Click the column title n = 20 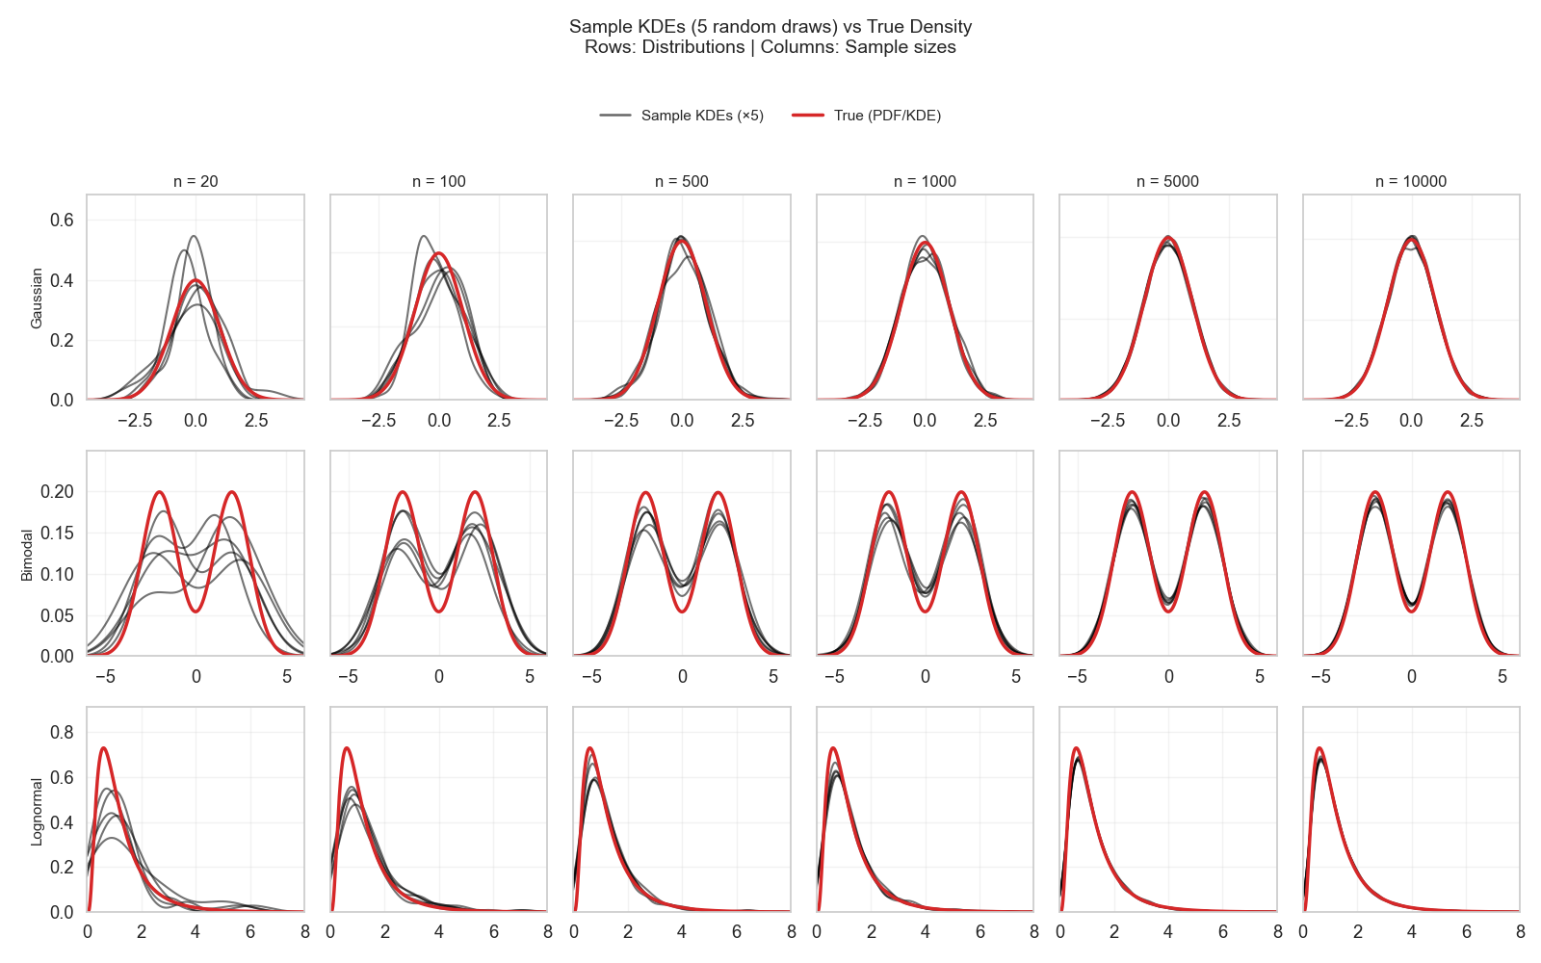tap(196, 181)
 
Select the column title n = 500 tap(681, 181)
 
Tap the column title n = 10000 tap(1411, 181)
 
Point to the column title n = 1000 tap(925, 181)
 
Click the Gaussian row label tap(37, 298)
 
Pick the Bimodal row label tap(27, 555)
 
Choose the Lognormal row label tap(37, 812)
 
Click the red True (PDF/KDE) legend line tap(808, 116)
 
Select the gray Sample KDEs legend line tap(615, 116)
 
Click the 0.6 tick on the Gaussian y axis tap(62, 221)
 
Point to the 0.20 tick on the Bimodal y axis tap(57, 492)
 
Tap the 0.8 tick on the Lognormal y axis tap(62, 732)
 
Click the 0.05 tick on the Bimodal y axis tap(57, 615)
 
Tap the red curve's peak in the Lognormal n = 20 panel tap(103, 748)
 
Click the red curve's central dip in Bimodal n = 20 tap(196, 611)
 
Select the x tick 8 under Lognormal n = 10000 tap(1520, 932)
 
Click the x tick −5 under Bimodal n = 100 tap(348, 677)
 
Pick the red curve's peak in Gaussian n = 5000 tap(1168, 238)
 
